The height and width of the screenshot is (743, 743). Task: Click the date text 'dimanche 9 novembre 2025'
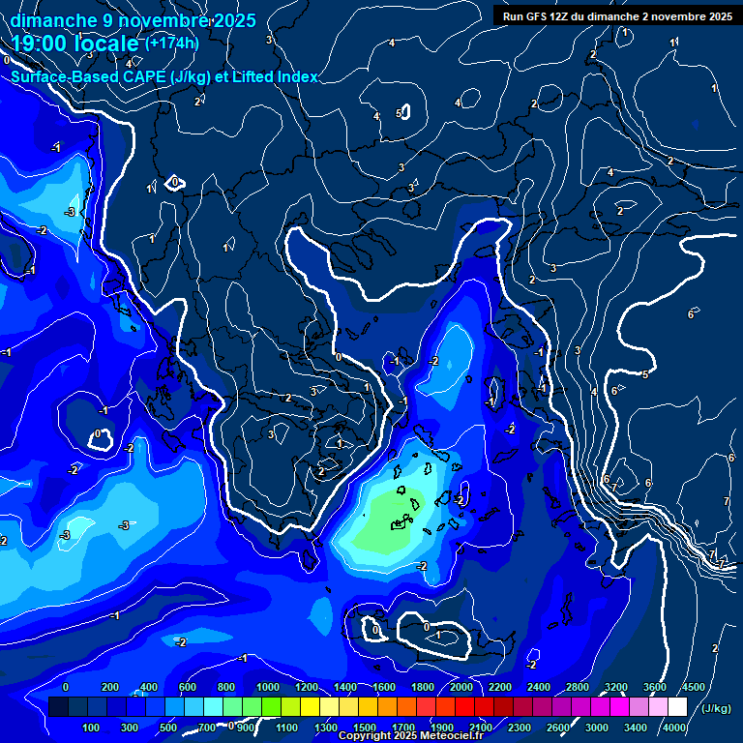[x=133, y=20]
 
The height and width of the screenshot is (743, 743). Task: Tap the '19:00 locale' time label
[x=75, y=44]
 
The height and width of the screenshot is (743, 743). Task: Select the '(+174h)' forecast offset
[x=171, y=44]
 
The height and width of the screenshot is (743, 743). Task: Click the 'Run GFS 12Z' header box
[x=616, y=15]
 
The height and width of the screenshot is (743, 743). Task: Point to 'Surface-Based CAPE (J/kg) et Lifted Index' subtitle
[x=164, y=76]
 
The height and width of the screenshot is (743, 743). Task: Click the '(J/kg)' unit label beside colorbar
[x=716, y=708]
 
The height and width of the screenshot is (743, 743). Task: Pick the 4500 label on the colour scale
[x=693, y=687]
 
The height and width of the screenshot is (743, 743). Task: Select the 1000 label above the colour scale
[x=268, y=687]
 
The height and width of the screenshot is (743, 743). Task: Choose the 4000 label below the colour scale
[x=674, y=728]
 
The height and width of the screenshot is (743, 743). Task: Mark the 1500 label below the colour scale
[x=365, y=728]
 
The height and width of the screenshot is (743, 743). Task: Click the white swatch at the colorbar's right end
[x=677, y=707]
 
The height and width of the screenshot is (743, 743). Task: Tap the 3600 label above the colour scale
[x=655, y=687]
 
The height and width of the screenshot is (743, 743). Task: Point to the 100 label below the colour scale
[x=92, y=728]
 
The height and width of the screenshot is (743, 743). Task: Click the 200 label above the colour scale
[x=110, y=687]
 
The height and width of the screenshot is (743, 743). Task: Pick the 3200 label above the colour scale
[x=616, y=687]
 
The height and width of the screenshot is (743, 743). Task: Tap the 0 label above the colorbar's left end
[x=66, y=687]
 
